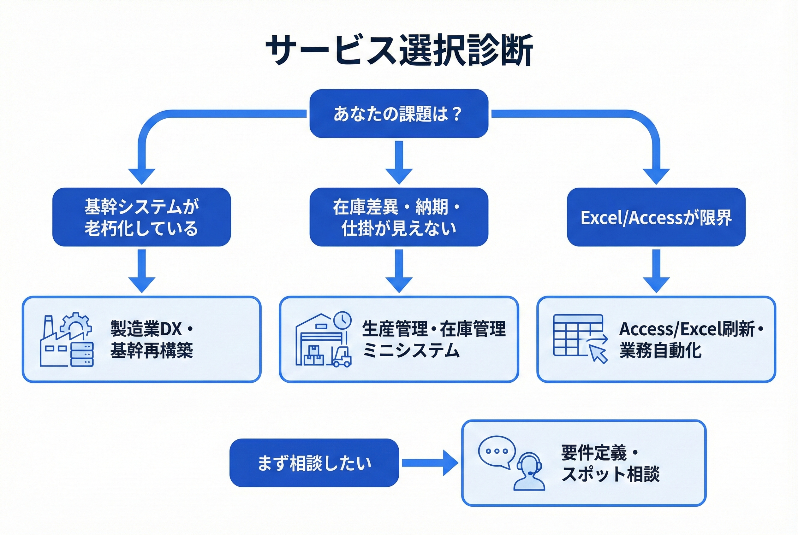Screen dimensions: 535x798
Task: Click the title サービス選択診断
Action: tap(399, 50)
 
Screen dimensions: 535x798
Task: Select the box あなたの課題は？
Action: tap(399, 114)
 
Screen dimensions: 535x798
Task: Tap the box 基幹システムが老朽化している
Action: tap(141, 217)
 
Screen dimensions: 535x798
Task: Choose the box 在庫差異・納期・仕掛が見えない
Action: tap(399, 217)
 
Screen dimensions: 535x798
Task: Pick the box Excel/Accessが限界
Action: tap(656, 217)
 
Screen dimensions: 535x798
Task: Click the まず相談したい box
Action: tap(314, 463)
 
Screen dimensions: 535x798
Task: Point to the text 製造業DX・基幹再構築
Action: tap(152, 339)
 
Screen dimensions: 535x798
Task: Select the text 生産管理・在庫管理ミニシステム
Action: tap(434, 339)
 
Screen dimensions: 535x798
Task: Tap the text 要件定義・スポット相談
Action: tap(610, 463)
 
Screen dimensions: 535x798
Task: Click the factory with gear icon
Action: tap(67, 340)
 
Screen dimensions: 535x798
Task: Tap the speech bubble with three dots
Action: tap(497, 451)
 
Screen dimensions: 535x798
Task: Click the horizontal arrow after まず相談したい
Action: tap(430, 463)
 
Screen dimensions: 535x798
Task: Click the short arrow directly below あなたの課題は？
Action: tap(399, 162)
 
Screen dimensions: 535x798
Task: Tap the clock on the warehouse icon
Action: tap(342, 320)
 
